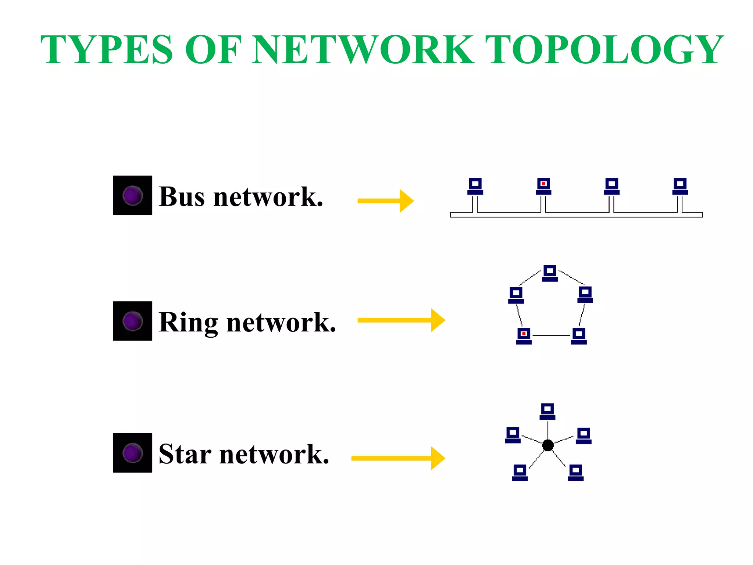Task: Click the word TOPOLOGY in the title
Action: pos(604,50)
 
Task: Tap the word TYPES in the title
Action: pos(106,50)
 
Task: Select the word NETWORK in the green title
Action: pos(363,50)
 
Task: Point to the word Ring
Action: pos(188,323)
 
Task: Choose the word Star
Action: pos(185,454)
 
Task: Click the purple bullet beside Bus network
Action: pos(132,195)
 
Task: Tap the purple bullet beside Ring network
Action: pos(132,321)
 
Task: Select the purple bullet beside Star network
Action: pos(132,453)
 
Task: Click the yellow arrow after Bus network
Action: pos(386,201)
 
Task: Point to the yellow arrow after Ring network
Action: pos(401,320)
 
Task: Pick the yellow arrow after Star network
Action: pos(398,458)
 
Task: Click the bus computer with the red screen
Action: pos(543,186)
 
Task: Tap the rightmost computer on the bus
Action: pos(680,186)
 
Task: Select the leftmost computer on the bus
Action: pos(475,186)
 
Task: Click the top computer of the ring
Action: pos(550,273)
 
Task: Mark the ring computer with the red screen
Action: pos(524,336)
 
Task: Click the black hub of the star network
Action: pos(548,445)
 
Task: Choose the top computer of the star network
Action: pos(547,411)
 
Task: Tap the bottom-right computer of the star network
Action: pos(575,473)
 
